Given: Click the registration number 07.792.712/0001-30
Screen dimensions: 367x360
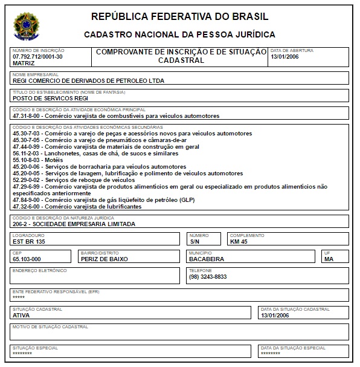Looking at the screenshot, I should [37, 56].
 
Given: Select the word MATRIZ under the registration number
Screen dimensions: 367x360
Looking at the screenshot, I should [24, 63].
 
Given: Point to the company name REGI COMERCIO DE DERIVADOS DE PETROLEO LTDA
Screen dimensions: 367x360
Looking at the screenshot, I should [88, 80].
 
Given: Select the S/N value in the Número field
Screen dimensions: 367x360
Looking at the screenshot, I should [194, 241].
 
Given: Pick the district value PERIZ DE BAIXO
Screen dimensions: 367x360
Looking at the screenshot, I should [104, 259].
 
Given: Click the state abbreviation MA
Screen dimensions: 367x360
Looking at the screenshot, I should [329, 259].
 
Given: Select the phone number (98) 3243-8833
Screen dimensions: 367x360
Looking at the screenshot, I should [208, 276].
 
